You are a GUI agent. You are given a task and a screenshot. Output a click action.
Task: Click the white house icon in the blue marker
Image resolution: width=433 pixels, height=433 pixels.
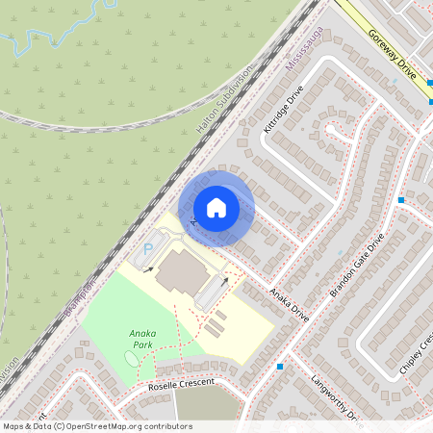tap(216, 208)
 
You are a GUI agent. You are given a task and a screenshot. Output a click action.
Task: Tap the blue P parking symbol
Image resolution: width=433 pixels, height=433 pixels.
tap(148, 249)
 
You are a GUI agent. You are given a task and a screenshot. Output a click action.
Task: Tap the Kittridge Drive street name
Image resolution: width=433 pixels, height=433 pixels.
tap(283, 109)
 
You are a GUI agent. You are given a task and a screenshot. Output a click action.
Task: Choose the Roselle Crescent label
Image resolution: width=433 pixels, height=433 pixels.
tap(181, 383)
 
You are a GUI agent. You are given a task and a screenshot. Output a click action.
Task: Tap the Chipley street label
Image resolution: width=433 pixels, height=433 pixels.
tap(418, 352)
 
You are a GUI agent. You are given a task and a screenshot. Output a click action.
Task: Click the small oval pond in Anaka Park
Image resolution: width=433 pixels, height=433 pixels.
tap(131, 358)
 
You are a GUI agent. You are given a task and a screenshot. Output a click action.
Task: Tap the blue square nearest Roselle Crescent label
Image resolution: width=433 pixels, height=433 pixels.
tap(280, 367)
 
